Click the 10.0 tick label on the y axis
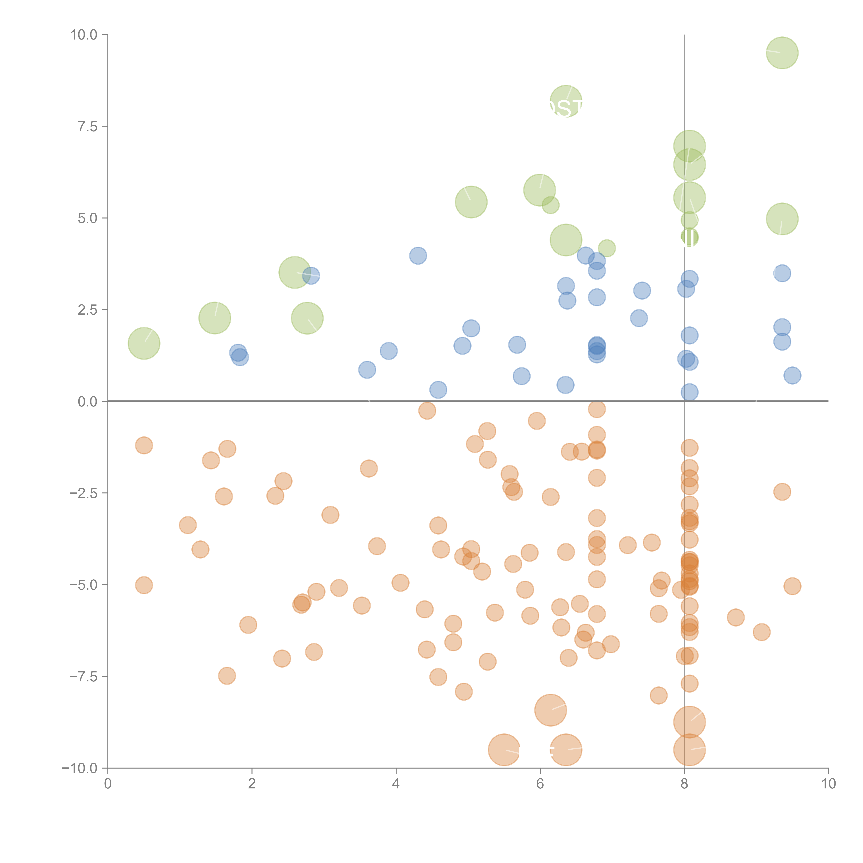pos(84,35)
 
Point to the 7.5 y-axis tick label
pos(88,126)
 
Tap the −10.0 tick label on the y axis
pos(80,768)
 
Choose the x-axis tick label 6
pos(540,784)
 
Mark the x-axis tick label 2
pos(252,784)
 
